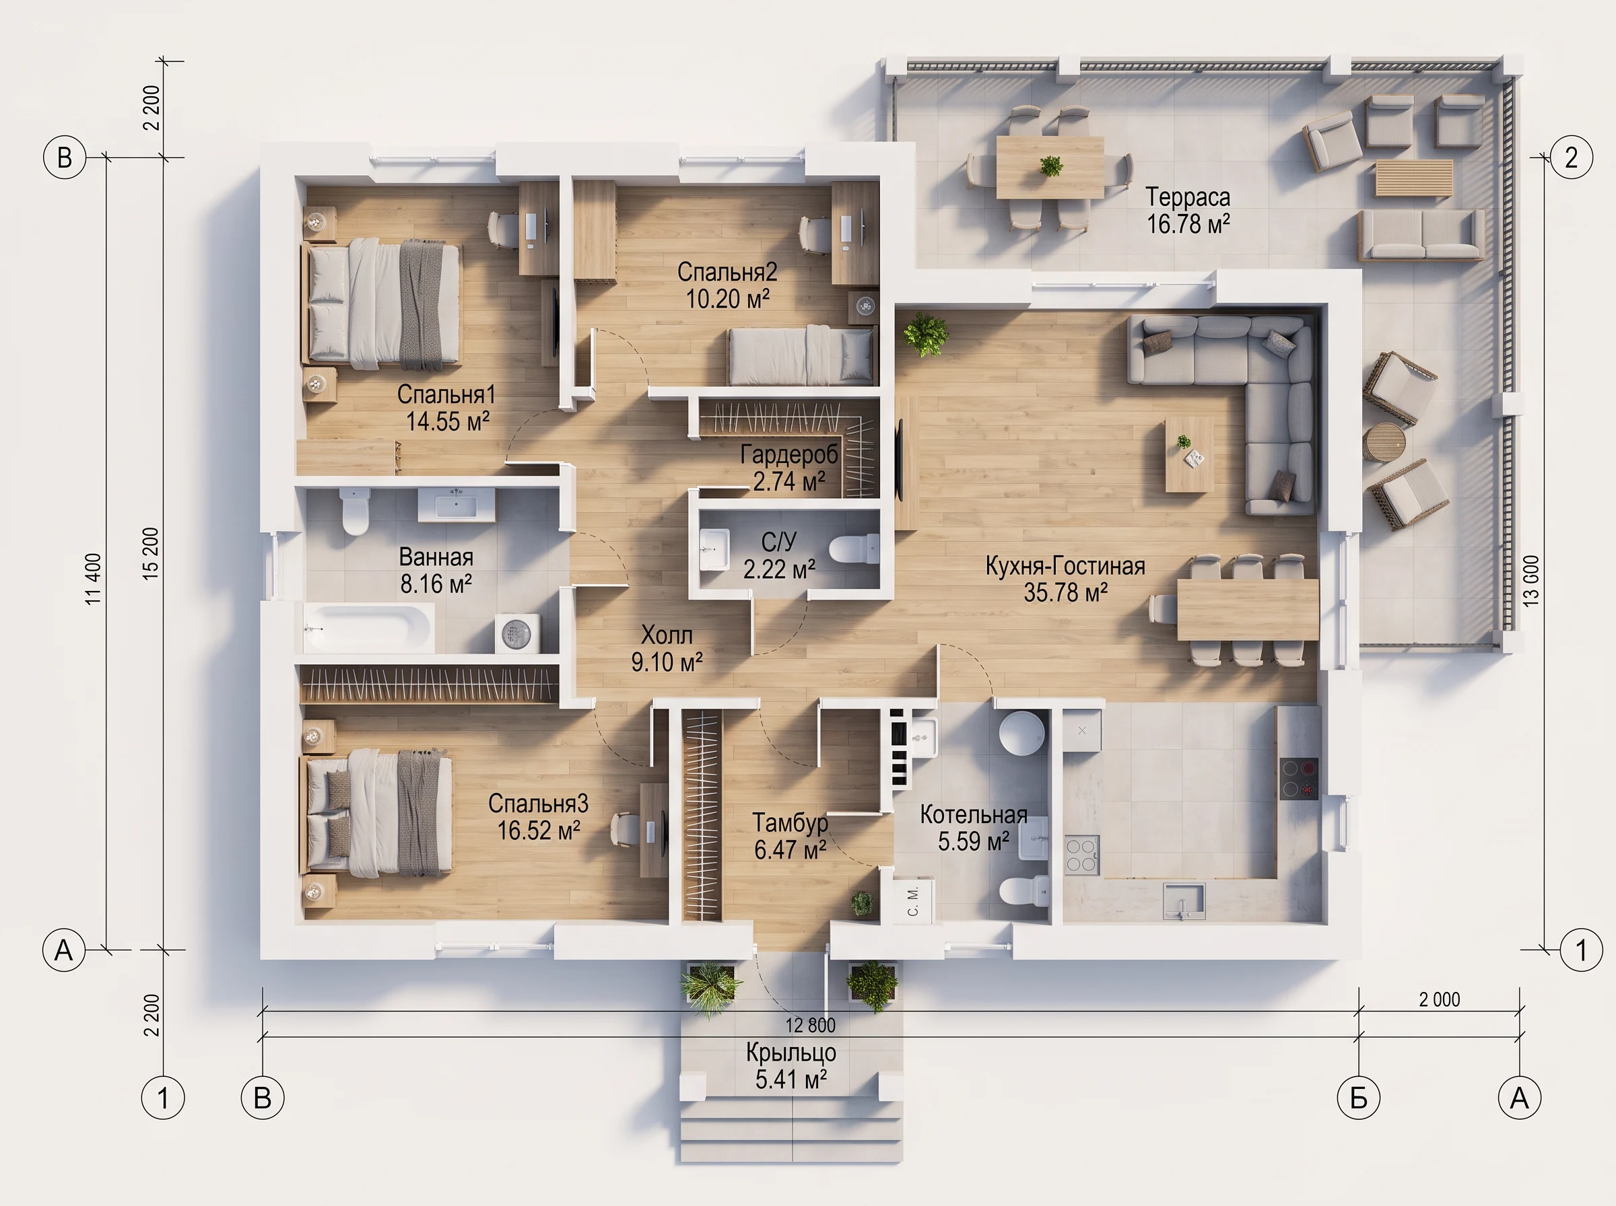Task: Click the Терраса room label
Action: tap(1187, 197)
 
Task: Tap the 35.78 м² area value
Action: tap(1065, 592)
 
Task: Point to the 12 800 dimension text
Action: tap(810, 1025)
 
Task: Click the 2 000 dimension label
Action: tap(1440, 999)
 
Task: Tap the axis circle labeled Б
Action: tap(1358, 1097)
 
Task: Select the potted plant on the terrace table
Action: tap(1051, 166)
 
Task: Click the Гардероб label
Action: tap(789, 455)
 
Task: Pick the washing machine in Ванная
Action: tap(518, 633)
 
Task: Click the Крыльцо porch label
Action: tap(791, 1052)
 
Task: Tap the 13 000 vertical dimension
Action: tap(1532, 581)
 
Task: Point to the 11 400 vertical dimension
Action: tap(94, 579)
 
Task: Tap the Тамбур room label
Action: tap(790, 823)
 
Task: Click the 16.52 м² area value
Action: tap(539, 830)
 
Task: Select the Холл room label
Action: tap(667, 635)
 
